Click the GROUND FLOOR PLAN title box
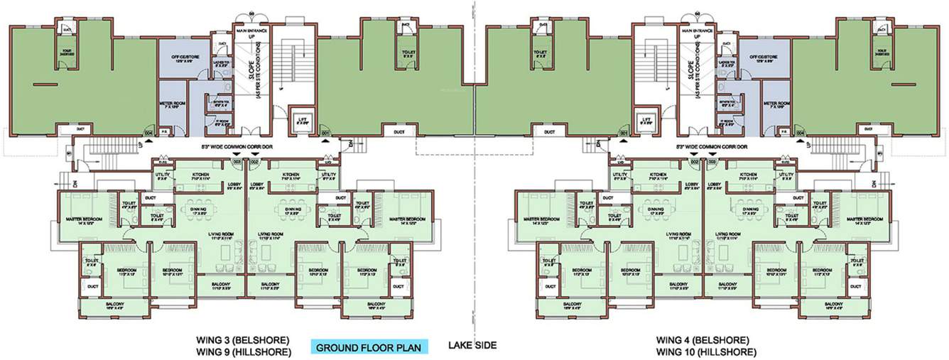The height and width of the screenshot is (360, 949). [x=368, y=347]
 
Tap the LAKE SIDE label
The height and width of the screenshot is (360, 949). [x=472, y=346]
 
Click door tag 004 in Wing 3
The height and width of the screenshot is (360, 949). [x=148, y=133]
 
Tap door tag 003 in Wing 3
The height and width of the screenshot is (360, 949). [x=237, y=163]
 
